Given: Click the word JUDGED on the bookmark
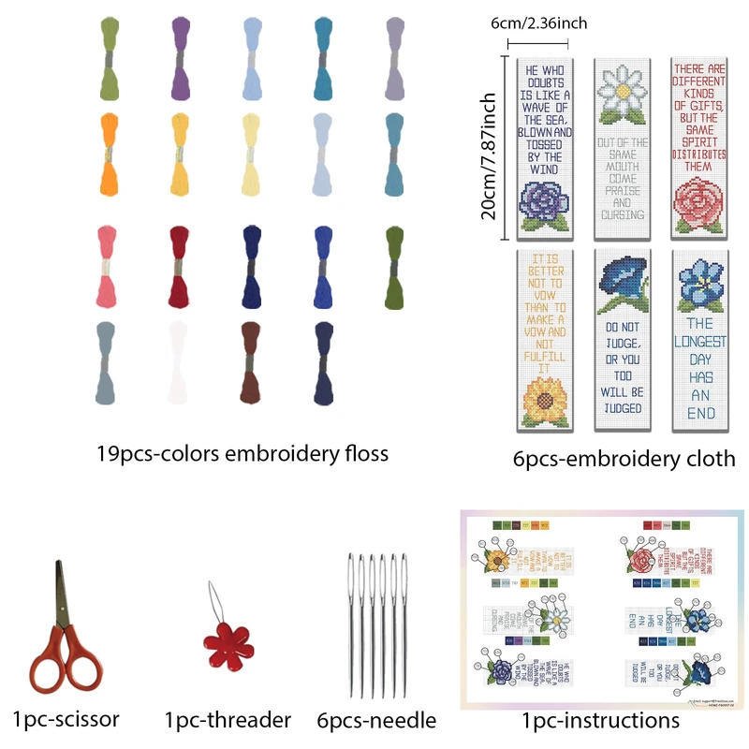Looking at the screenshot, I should click(623, 408).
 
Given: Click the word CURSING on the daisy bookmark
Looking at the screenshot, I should click(623, 214).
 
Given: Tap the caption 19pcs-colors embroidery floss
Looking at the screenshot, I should click(242, 454).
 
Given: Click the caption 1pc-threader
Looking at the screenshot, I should click(228, 720).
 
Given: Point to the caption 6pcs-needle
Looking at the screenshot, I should click(376, 720).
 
